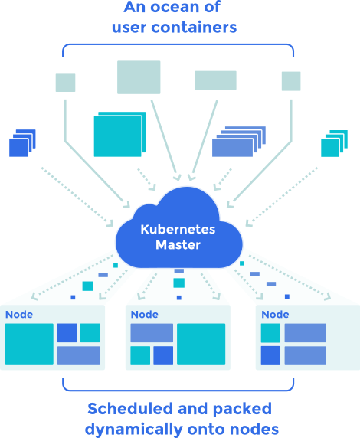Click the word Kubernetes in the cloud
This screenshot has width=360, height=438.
click(178, 230)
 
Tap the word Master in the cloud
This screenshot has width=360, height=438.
click(178, 245)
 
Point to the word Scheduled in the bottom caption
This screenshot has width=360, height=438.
click(126, 409)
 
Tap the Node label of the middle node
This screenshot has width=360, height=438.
click(144, 315)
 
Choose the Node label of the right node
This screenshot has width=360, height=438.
click(275, 315)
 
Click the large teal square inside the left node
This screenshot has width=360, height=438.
click(29, 344)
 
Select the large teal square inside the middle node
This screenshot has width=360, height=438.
click(201, 344)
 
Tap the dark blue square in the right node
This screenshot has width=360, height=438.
click(270, 356)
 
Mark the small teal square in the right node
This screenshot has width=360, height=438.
click(270, 333)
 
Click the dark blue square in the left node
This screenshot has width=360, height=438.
click(67, 333)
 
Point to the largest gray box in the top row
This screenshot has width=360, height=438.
click(139, 77)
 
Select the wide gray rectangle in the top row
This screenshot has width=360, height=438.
click(215, 80)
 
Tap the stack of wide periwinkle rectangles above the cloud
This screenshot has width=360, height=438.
click(237, 141)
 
